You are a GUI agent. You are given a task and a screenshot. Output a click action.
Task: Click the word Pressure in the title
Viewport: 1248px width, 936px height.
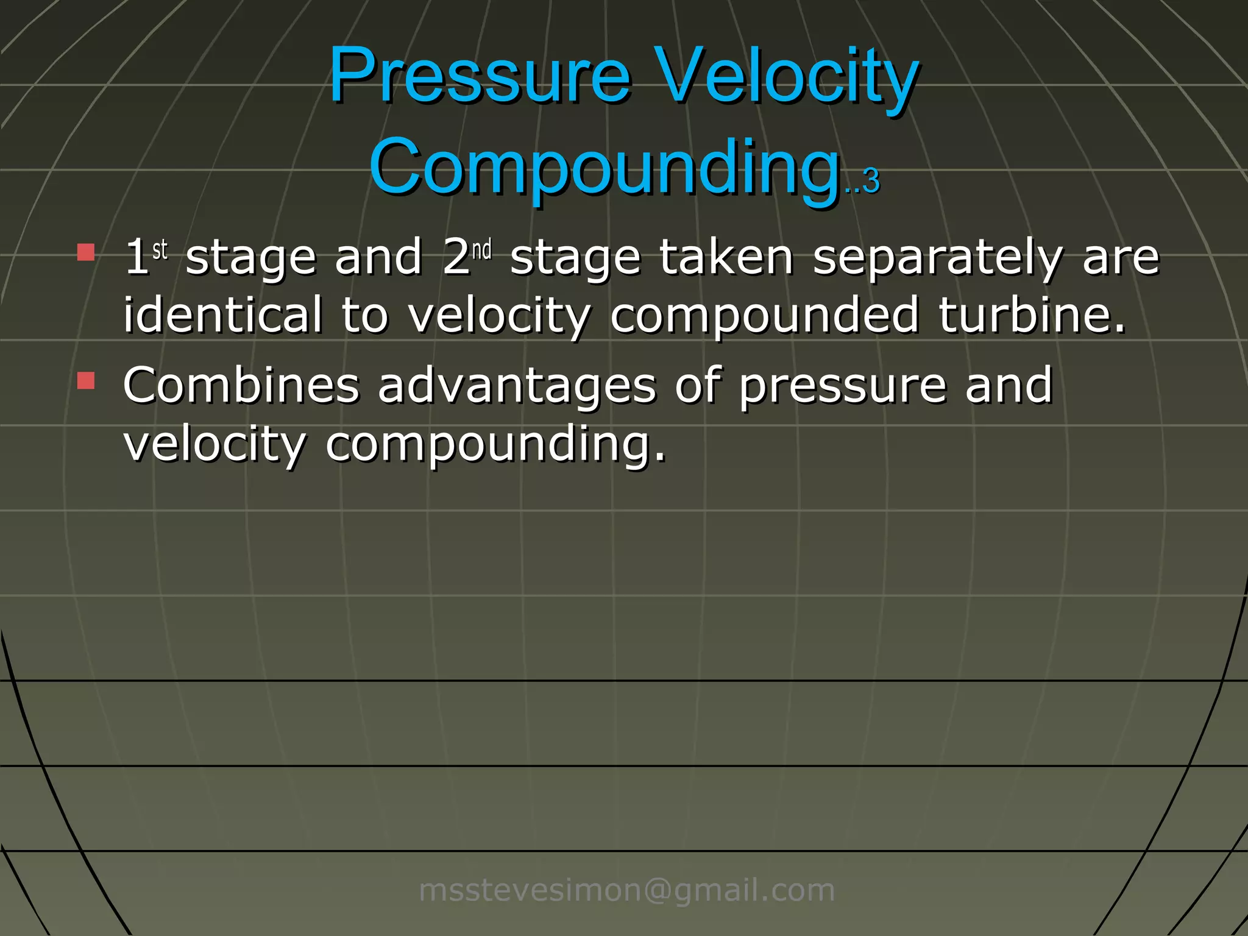[x=480, y=76]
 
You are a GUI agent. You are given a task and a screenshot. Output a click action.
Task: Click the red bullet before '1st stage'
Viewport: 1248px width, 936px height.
[x=86, y=252]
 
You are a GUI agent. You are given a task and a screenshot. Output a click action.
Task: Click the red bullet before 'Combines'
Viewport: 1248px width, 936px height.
[x=86, y=381]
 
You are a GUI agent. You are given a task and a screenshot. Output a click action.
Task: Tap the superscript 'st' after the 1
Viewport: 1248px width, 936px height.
[x=160, y=250]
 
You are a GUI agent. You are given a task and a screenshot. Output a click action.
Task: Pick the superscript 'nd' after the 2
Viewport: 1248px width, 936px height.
[x=481, y=250]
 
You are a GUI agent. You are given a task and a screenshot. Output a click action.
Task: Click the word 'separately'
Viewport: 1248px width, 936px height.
[x=937, y=258]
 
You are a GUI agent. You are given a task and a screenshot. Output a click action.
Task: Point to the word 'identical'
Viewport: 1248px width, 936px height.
[x=222, y=315]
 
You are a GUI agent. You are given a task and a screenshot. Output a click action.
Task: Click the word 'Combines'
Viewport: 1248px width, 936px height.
[x=241, y=385]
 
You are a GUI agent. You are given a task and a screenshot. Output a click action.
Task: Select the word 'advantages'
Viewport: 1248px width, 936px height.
[x=517, y=386]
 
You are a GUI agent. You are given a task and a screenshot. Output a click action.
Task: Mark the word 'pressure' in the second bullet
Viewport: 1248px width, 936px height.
[x=843, y=386]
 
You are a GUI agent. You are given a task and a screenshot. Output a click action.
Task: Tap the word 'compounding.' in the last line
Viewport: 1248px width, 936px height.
[x=495, y=445]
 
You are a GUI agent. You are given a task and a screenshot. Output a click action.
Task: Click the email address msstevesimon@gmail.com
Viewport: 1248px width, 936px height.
[x=626, y=890]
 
